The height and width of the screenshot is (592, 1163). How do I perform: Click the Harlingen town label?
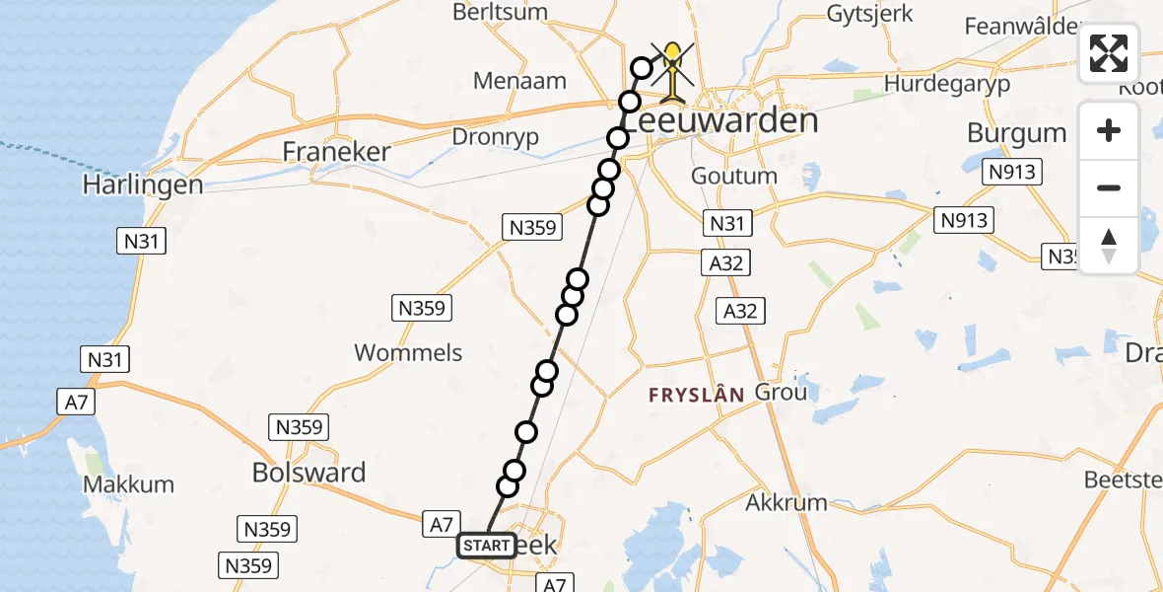point(143,185)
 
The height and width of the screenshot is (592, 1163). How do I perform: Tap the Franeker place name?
point(336,152)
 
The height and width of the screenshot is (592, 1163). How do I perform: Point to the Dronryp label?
point(495,137)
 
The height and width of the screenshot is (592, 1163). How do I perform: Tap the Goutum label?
point(734,177)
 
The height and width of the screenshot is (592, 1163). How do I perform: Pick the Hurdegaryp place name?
point(947,84)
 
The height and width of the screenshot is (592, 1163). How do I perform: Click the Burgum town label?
point(1016,133)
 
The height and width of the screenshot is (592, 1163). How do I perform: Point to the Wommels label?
point(408,352)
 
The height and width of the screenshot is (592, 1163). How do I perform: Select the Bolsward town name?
point(308,473)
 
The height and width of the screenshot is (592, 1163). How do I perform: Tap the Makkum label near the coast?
point(128,484)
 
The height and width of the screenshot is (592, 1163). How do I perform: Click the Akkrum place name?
point(787,502)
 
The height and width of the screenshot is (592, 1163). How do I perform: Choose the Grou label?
point(781,392)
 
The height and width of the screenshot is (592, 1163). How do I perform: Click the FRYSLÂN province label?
point(696,395)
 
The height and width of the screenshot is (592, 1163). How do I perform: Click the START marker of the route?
point(486,546)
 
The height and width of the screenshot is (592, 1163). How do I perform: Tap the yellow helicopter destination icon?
point(672,71)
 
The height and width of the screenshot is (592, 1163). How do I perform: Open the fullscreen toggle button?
point(1109,53)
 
